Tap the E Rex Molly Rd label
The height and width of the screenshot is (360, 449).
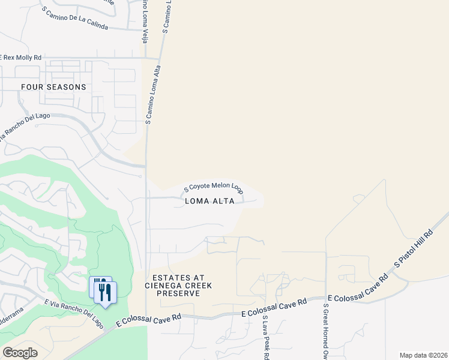(22, 57)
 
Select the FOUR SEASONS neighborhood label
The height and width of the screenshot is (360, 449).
(53, 87)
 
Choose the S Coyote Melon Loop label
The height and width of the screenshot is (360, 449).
(213, 188)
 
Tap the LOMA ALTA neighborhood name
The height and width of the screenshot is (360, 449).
(209, 201)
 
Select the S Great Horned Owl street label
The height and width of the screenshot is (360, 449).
(326, 331)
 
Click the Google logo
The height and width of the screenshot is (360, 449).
(20, 353)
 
